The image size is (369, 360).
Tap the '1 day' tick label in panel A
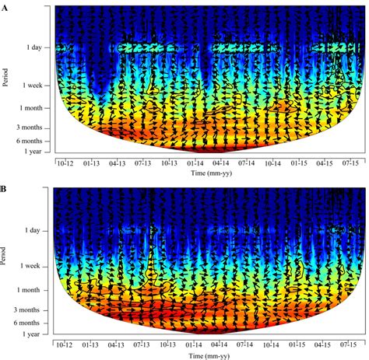click(32, 47)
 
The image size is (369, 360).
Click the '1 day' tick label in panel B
click(32, 231)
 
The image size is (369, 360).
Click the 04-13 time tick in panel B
click(117, 343)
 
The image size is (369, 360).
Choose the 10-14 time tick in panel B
click(272, 343)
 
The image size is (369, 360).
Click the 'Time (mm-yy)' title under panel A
click(207, 176)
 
